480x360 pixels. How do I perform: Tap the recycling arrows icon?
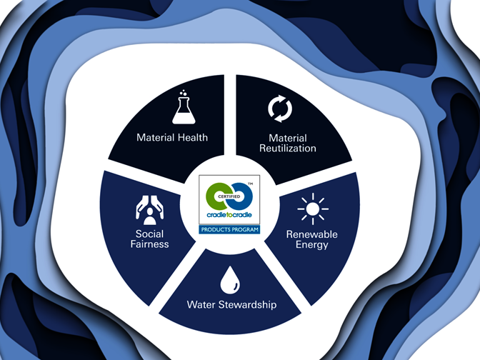pos(279,108)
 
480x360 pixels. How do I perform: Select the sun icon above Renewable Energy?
pos(312,209)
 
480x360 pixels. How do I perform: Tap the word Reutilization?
pos(288,149)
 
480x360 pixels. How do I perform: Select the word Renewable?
pos(312,234)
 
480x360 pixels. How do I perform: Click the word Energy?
pos(312,245)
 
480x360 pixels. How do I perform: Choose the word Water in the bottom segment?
pos(201,305)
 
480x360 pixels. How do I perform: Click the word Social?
pos(149,234)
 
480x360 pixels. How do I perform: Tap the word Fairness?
pos(149,244)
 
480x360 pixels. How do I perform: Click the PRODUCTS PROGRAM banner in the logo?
pos(231,230)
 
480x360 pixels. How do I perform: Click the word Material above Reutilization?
pos(288,138)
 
